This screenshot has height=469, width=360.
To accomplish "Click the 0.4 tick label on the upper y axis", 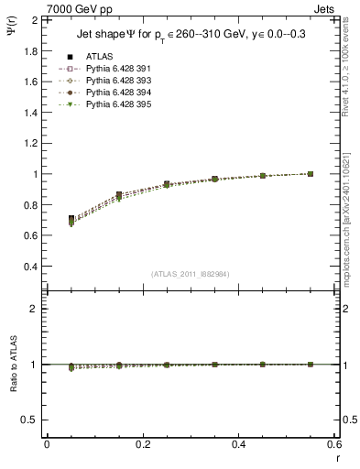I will [x=29, y=267].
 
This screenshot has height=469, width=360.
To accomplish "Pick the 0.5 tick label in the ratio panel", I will [x=30, y=420].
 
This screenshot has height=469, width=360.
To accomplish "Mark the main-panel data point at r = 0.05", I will [x=46, y=220].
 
